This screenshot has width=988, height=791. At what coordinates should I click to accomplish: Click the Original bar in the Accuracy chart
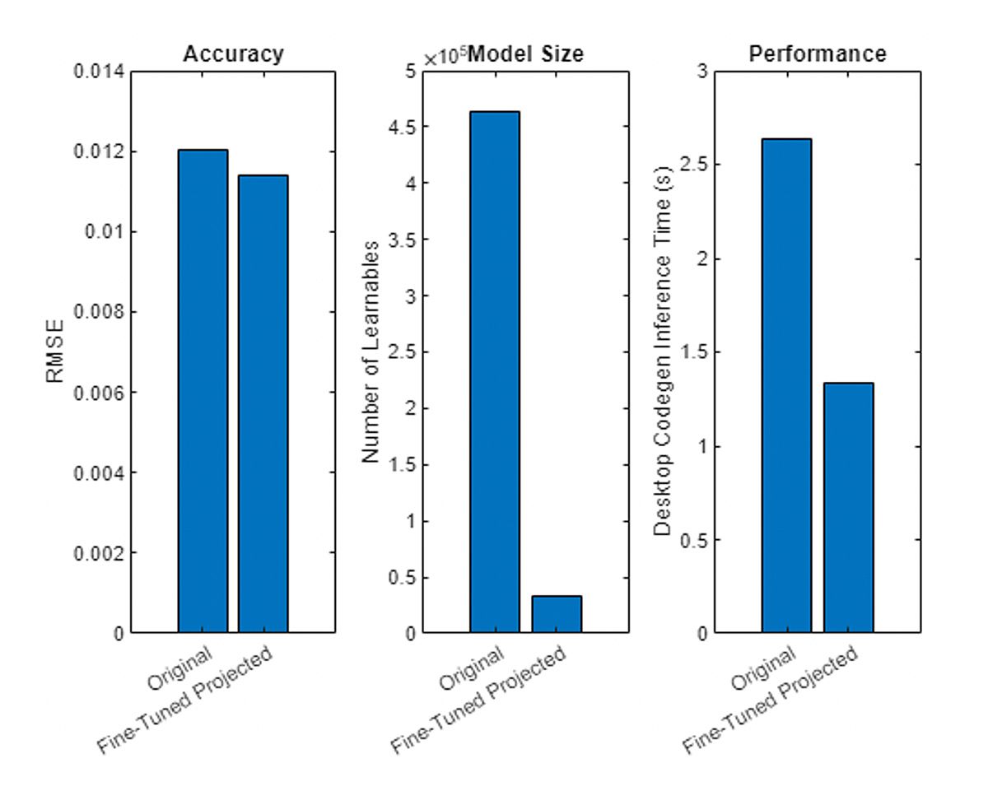203,391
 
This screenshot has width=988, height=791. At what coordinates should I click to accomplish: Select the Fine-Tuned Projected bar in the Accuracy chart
263,403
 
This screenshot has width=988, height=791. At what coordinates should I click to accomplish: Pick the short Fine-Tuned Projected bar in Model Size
557,614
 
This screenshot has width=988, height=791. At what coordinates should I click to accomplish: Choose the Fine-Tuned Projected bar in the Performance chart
848,508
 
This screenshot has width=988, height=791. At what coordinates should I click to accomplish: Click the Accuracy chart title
233,54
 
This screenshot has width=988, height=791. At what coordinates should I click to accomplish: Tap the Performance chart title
818,54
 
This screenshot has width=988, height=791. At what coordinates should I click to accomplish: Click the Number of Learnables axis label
371,352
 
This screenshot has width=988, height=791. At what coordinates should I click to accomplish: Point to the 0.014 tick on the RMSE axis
100,72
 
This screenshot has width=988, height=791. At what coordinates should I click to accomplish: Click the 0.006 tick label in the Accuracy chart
100,393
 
